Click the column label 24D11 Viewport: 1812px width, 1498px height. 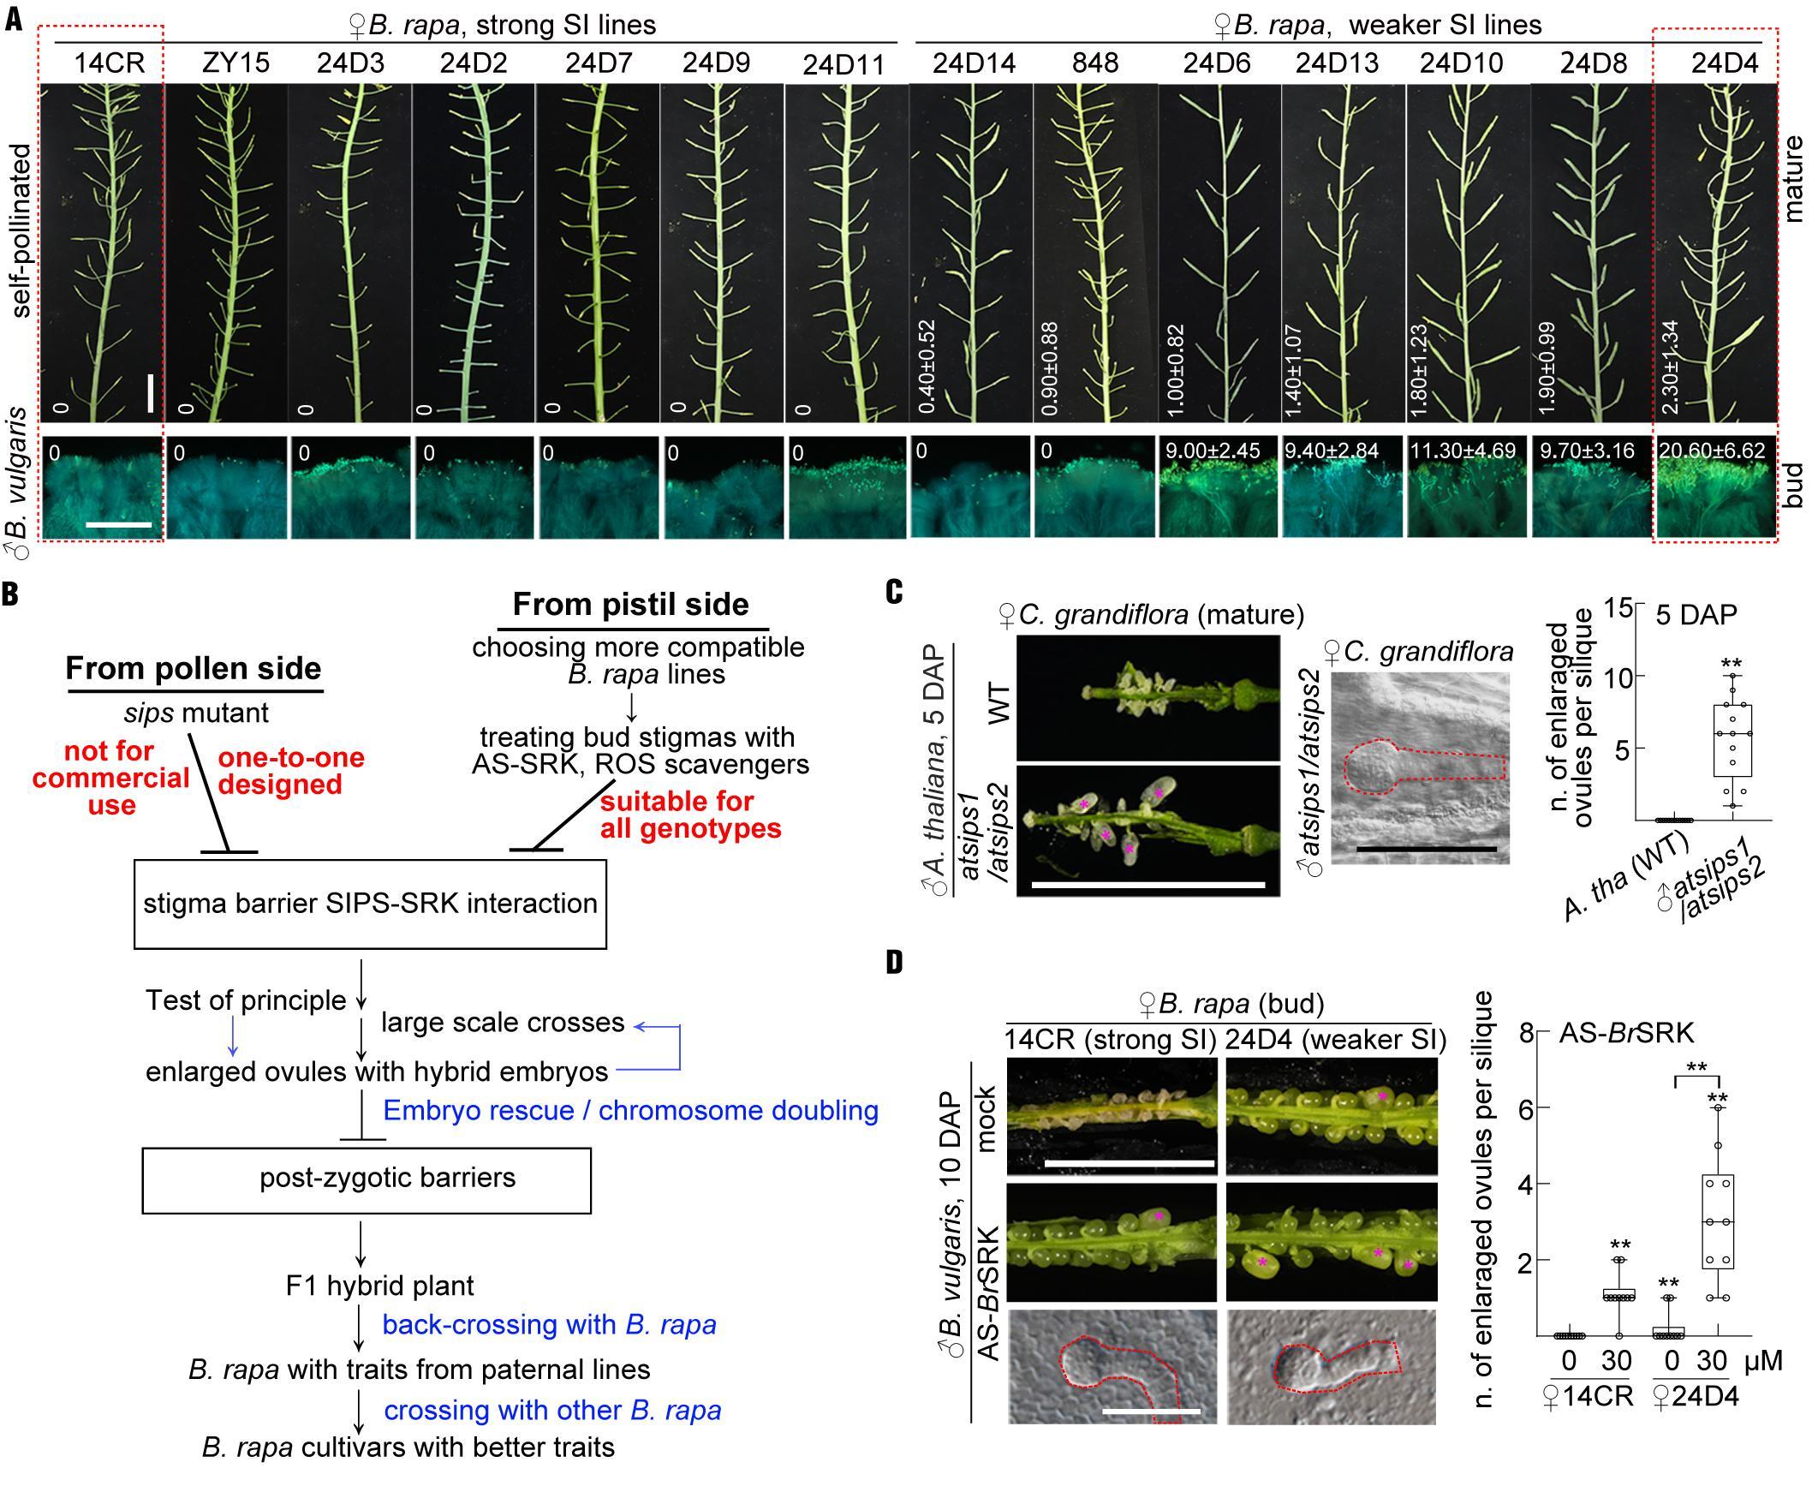843,65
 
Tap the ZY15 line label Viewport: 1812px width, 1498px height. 235,63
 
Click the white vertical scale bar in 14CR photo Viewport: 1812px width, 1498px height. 150,392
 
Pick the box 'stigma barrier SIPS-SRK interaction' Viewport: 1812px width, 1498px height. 370,904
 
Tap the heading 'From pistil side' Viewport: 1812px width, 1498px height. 631,604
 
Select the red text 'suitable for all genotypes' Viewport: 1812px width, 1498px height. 690,815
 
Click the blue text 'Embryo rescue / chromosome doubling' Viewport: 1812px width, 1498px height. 631,1110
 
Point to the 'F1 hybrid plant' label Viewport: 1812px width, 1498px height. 379,1285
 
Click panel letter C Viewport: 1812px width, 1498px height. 894,593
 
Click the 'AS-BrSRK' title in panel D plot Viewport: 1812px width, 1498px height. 1625,1033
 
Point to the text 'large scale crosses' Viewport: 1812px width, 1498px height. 502,1023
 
